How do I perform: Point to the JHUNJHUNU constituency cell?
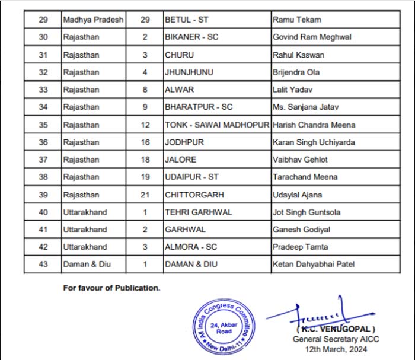[189, 72]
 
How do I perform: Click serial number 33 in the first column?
[43, 90]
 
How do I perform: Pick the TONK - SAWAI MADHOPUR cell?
[217, 125]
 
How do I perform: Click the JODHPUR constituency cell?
[183, 142]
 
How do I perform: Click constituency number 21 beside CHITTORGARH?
[145, 195]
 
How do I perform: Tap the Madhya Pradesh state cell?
[93, 20]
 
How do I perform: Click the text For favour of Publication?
[112, 288]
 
